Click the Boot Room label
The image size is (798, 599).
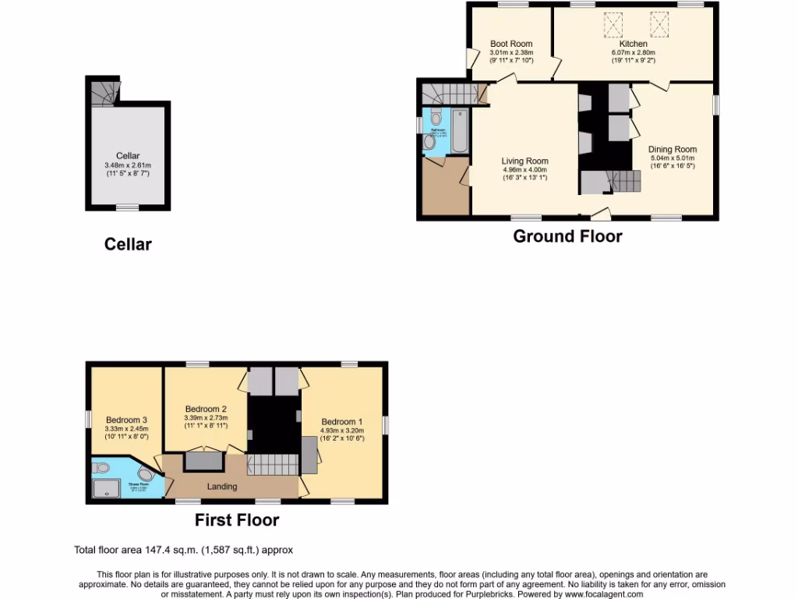511,44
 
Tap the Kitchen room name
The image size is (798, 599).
633,44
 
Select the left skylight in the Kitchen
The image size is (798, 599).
608,26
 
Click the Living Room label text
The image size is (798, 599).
524,161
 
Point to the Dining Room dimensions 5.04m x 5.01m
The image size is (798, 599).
673,158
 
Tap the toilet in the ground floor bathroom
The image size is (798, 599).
435,118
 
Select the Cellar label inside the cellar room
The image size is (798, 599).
128,156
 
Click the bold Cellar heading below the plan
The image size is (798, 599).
128,244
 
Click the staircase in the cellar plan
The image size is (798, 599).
101,94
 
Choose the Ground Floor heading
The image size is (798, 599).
567,236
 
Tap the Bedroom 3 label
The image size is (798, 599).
126,420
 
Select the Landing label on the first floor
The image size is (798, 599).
221,487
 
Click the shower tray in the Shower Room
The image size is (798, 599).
104,488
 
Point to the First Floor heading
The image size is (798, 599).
237,519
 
